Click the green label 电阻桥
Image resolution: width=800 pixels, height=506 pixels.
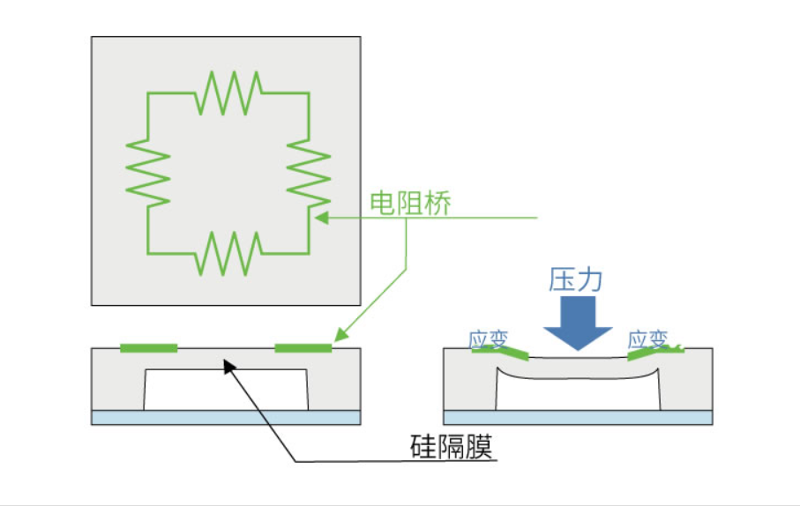click(410, 204)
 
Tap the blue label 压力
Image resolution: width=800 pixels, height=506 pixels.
click(575, 279)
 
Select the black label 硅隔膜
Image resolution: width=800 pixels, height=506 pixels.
click(452, 447)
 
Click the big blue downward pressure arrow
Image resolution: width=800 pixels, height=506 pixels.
click(578, 323)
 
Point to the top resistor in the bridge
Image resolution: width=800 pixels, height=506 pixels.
click(228, 93)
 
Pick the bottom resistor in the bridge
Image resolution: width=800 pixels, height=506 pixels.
click(228, 254)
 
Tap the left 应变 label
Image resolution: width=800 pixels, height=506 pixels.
click(489, 339)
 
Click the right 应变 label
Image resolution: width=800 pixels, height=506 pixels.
click(647, 339)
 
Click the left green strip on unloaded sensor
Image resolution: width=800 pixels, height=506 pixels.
click(148, 348)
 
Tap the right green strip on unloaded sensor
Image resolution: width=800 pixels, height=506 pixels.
click(303, 348)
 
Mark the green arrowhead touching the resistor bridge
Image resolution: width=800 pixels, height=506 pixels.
click(321, 219)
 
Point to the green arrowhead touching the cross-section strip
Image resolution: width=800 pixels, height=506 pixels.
click(340, 335)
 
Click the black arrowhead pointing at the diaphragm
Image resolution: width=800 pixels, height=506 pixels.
click(229, 366)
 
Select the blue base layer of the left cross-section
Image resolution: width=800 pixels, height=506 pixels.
click(226, 417)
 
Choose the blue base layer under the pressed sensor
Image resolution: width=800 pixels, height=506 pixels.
click(578, 417)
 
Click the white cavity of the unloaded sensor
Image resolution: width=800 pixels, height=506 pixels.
click(226, 390)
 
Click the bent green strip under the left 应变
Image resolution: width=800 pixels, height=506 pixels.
click(500, 352)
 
